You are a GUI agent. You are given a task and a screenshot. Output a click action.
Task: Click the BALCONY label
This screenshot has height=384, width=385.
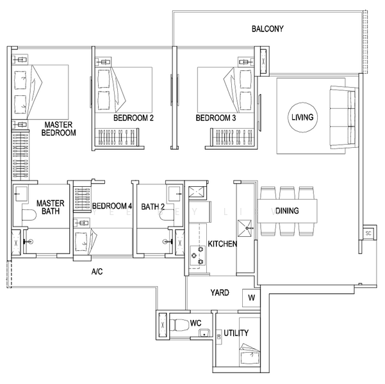[267, 29]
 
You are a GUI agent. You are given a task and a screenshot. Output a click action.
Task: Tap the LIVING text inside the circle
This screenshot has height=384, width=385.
[302, 117]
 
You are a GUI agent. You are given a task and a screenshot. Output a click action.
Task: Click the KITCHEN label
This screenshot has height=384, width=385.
[222, 244]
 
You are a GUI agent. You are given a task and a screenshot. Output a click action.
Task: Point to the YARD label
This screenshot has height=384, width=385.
[220, 293]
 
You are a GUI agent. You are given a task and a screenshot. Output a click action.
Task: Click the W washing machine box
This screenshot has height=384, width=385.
[250, 298]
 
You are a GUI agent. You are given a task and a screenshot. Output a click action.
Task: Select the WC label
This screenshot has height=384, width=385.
[195, 324]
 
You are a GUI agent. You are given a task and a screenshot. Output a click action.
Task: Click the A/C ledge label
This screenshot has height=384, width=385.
[97, 272]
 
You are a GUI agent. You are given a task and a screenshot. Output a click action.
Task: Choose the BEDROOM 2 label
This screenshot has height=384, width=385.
[133, 118]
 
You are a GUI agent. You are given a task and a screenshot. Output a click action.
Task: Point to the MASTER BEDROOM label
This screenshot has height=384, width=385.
[58, 129]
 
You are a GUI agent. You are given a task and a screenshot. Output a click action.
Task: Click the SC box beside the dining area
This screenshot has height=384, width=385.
[368, 234]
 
